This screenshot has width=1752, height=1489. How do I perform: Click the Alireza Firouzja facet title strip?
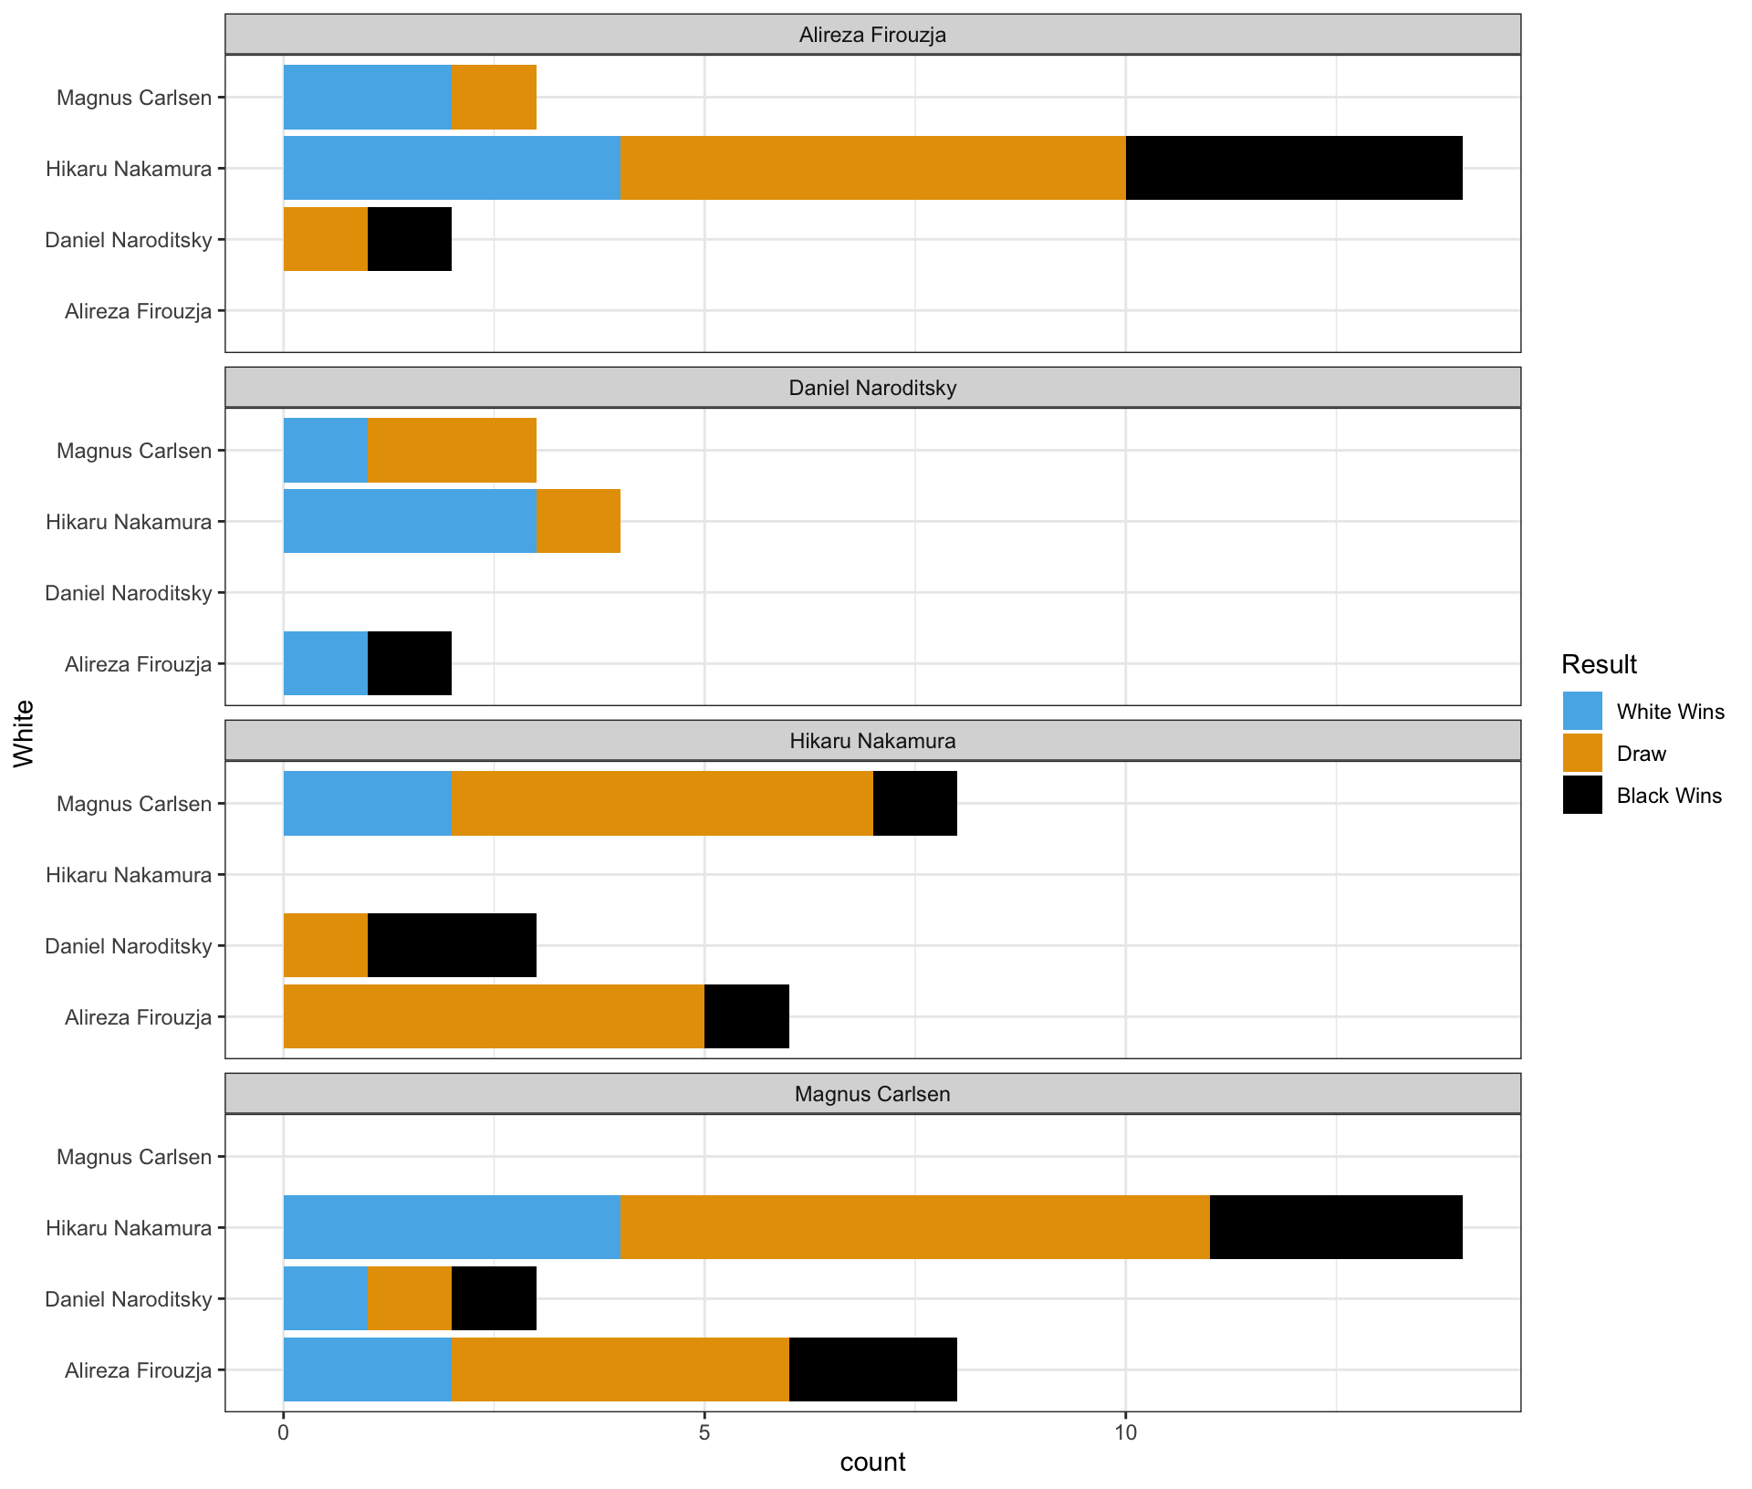tap(872, 35)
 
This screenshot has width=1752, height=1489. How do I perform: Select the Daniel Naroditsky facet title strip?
tap(872, 388)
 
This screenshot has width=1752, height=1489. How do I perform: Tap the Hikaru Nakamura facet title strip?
tap(872, 741)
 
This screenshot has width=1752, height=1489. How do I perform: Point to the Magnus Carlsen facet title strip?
tap(872, 1094)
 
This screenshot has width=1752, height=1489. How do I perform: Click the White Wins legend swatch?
tap(1582, 712)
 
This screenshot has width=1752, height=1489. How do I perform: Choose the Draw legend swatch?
tap(1582, 754)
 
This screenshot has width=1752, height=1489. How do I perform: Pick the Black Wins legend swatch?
tap(1582, 796)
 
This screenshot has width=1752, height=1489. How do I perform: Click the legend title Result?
tap(1599, 664)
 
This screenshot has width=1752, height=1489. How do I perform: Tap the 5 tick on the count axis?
tap(704, 1433)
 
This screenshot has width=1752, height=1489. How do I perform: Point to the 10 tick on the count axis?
tap(1125, 1433)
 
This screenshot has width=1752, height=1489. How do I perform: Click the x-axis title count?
tap(872, 1463)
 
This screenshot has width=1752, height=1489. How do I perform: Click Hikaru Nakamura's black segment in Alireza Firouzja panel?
tap(1294, 168)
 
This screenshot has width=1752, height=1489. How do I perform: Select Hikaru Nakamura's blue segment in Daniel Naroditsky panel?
tap(410, 521)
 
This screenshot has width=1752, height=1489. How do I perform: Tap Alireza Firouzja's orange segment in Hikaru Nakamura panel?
tap(494, 1016)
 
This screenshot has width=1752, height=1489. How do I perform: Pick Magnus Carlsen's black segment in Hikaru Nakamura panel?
tap(915, 803)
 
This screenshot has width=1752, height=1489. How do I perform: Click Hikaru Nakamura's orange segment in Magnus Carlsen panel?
tap(914, 1227)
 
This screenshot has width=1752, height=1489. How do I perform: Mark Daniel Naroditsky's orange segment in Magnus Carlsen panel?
tap(410, 1298)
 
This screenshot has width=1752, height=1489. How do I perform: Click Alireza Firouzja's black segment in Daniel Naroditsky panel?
tap(410, 663)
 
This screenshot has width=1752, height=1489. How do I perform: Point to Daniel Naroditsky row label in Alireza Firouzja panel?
tap(129, 240)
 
